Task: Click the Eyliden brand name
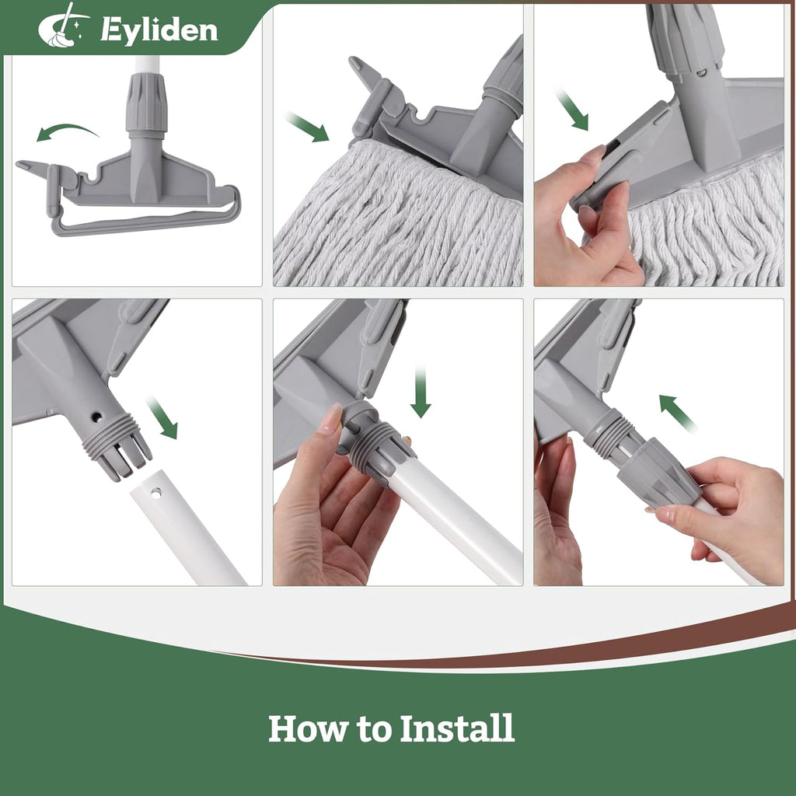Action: (159, 30)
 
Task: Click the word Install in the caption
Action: (457, 728)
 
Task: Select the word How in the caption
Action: (306, 728)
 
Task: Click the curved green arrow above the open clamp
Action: (68, 132)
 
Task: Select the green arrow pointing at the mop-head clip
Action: (308, 127)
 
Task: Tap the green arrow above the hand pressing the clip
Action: (572, 110)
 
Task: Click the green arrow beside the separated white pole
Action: (162, 417)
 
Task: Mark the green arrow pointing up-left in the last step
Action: (677, 413)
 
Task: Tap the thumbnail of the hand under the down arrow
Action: (330, 420)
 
